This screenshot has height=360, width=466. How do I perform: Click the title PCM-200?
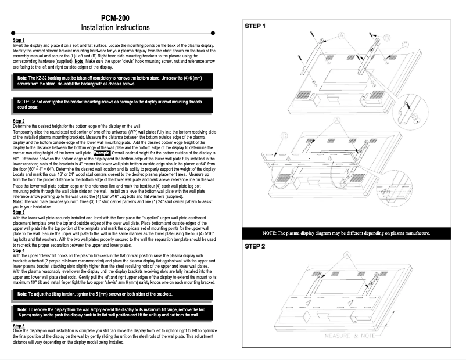point(119,18)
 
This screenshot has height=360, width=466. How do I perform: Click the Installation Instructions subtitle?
point(119,28)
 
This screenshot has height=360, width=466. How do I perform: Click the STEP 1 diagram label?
point(255,26)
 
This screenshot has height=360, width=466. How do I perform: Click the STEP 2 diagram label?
point(255,262)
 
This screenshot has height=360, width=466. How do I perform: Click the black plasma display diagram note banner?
point(346,250)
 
